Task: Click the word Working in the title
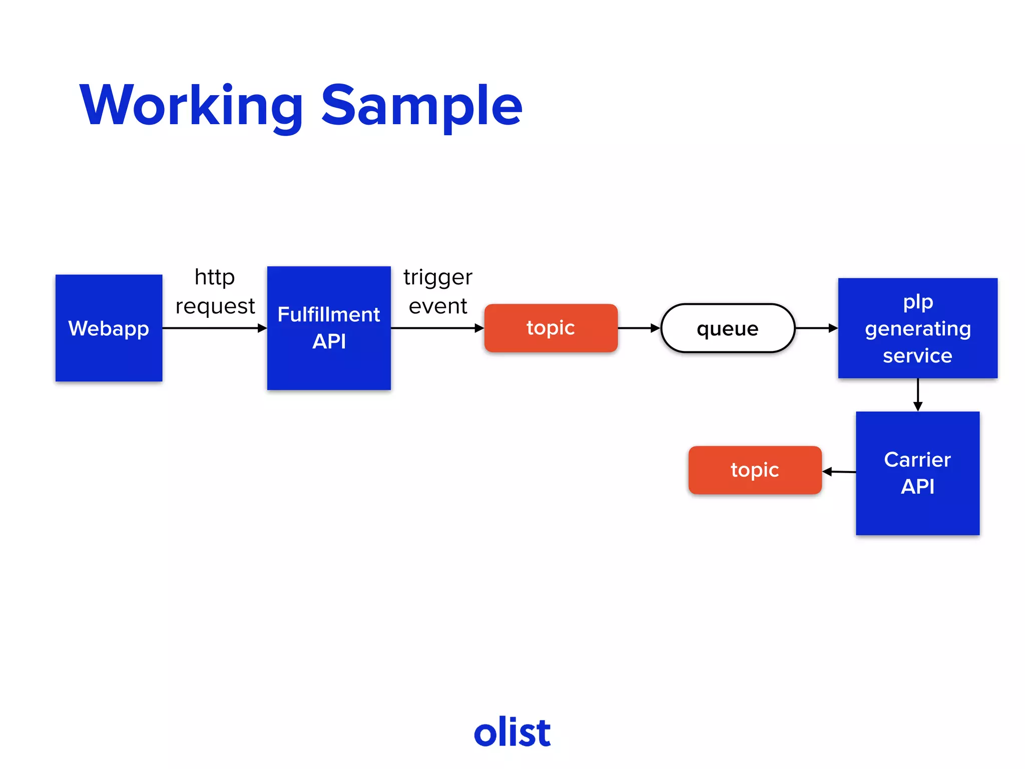tap(191, 106)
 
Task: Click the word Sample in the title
tap(421, 106)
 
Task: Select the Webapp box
tap(109, 328)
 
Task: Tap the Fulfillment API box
tap(329, 328)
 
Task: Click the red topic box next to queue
tap(551, 328)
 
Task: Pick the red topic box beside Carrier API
tap(755, 470)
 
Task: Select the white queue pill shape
tap(728, 328)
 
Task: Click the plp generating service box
tap(917, 328)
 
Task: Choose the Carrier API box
tap(917, 474)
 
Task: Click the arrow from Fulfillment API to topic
tap(437, 328)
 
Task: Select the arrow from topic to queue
tap(639, 328)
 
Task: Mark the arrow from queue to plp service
tap(816, 328)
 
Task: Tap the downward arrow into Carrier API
tap(917, 395)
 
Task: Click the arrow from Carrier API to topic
tap(839, 472)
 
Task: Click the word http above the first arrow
tap(214, 277)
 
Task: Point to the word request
tap(215, 306)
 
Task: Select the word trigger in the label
tap(437, 277)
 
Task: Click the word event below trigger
tap(437, 306)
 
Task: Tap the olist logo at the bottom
tap(512, 732)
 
